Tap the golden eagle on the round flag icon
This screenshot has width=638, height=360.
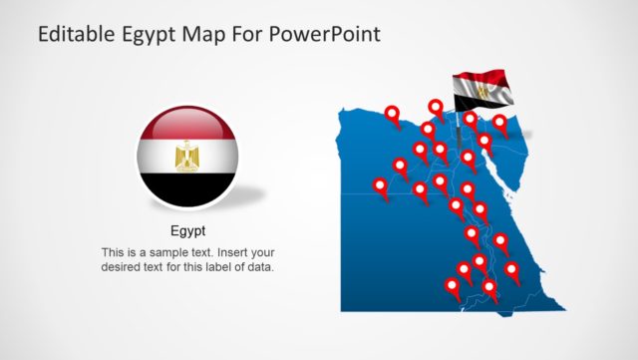[187, 156]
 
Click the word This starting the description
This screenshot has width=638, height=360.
[115, 251]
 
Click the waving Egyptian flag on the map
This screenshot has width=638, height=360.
[482, 92]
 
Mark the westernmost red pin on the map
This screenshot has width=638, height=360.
[380, 185]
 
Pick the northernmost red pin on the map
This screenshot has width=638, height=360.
[436, 107]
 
